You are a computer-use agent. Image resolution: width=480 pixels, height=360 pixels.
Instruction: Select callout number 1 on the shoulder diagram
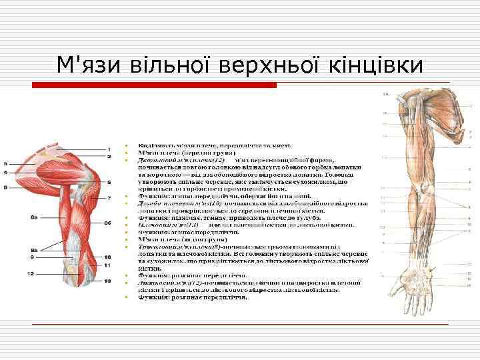click(x=109, y=148)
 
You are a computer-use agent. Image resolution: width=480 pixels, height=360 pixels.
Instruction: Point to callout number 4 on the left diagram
click(x=5, y=173)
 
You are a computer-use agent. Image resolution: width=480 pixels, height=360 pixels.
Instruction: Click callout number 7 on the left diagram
click(x=109, y=199)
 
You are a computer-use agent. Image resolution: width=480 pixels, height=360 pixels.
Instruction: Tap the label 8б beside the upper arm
click(x=107, y=222)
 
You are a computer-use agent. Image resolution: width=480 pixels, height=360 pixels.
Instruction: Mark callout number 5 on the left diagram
click(x=109, y=182)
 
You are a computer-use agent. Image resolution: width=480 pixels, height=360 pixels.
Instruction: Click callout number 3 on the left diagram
click(x=5, y=163)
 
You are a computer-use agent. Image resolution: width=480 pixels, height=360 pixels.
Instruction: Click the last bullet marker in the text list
click(x=126, y=297)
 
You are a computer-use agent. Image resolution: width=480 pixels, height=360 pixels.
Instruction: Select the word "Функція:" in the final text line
click(x=154, y=297)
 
